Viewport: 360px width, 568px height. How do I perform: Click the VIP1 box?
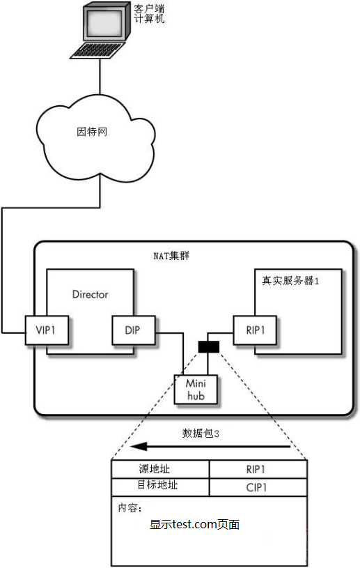tap(47, 330)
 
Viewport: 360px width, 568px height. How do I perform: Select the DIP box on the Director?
tap(134, 330)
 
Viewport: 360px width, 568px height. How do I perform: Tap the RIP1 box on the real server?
tap(255, 330)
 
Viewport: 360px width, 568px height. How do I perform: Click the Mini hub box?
tap(196, 390)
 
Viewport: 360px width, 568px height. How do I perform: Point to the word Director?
tap(90, 294)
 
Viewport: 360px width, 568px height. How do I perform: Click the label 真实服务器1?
tap(290, 281)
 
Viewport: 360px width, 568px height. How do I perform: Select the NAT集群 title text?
tap(171, 256)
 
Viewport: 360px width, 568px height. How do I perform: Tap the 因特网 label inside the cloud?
tap(92, 132)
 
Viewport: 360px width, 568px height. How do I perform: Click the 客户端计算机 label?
tap(149, 14)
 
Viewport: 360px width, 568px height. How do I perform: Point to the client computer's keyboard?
tap(97, 49)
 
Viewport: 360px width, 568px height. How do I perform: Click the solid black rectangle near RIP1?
tap(209, 346)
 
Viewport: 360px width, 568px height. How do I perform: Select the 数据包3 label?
tap(201, 433)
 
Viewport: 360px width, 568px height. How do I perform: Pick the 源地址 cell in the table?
tap(160, 470)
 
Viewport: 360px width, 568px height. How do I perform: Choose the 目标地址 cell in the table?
tap(160, 487)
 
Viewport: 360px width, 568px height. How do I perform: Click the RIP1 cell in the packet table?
tap(258, 470)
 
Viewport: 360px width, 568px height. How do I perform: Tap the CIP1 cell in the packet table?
tap(258, 487)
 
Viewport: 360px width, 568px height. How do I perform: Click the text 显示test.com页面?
tap(195, 524)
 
